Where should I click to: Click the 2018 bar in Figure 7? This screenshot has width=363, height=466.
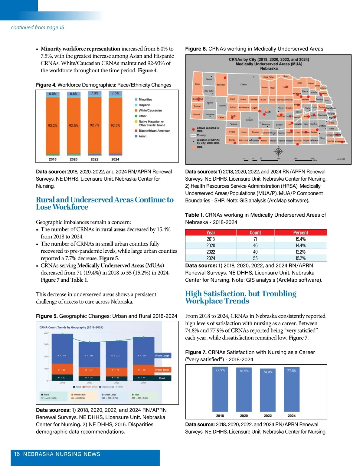[x=220, y=390]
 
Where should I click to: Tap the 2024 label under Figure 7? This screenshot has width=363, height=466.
[x=292, y=416]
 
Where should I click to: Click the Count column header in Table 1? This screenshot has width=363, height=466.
[x=255, y=233]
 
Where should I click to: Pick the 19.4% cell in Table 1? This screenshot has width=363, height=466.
[x=300, y=239]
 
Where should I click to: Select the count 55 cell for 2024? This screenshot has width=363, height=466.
[x=255, y=258]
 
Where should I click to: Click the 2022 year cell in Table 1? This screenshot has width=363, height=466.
[x=211, y=252]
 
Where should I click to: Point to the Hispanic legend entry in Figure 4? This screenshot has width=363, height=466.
[x=144, y=105]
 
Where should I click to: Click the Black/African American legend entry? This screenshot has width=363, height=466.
[x=154, y=131]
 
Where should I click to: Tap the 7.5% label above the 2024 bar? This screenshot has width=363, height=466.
[x=115, y=93]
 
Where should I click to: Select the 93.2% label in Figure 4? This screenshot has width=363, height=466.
[x=53, y=125]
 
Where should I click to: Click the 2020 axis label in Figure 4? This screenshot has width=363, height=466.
[x=74, y=159]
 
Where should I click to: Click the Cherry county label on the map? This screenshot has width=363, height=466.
[x=244, y=85]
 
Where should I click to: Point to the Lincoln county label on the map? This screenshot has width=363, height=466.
[x=249, y=120]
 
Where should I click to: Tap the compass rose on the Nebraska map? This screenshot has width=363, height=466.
[x=278, y=151]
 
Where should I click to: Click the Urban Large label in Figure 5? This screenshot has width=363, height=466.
[x=162, y=356]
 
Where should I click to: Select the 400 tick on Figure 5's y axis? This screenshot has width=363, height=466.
[x=46, y=333]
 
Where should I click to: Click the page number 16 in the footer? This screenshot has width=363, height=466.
[x=17, y=454]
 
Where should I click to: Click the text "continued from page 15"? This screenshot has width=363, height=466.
[x=38, y=28]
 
